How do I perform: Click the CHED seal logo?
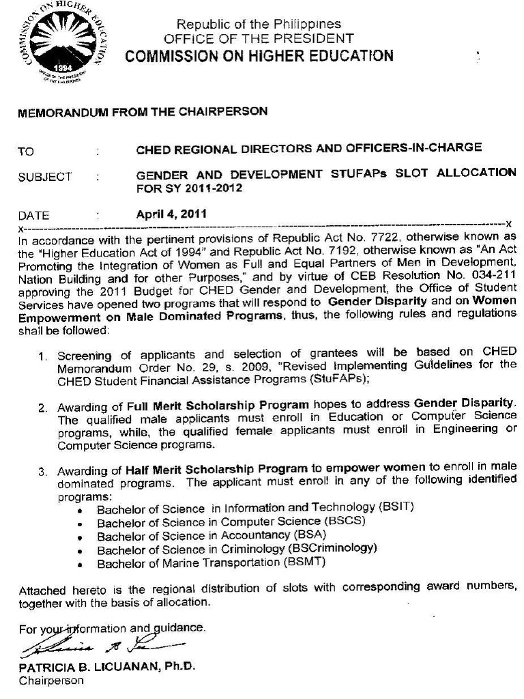click(63, 45)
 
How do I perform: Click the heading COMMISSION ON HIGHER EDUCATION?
click(259, 56)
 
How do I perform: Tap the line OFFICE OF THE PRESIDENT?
click(259, 39)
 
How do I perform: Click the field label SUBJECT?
click(45, 177)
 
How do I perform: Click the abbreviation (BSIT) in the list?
click(396, 508)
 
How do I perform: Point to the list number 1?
click(42, 357)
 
